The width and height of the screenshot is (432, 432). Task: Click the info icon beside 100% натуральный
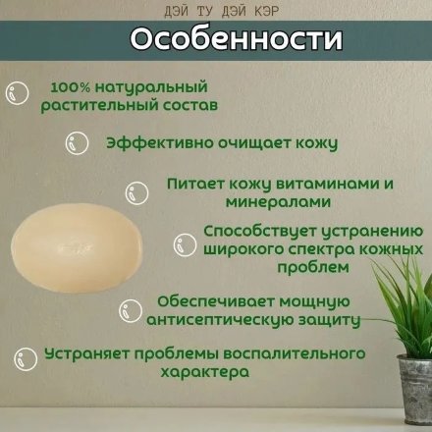18,92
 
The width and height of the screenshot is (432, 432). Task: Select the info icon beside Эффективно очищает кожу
78,143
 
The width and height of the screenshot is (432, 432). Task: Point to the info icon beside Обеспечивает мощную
131,311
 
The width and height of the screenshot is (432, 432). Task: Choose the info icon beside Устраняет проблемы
26,360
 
